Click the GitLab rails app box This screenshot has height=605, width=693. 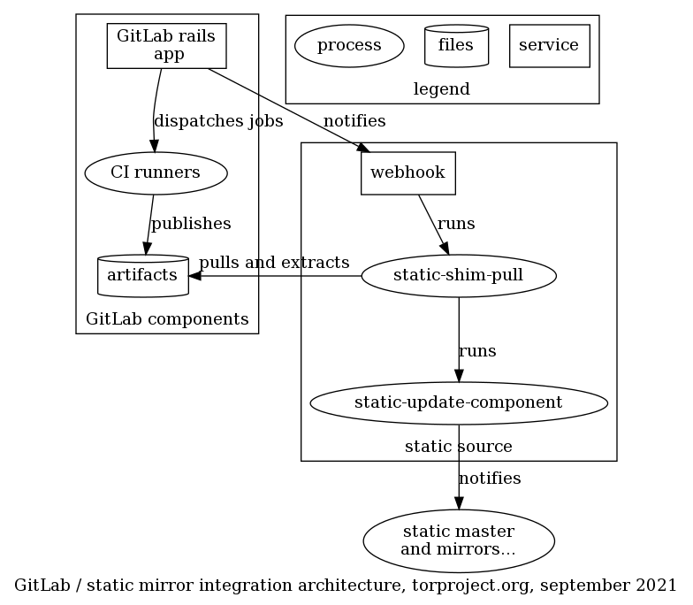(x=166, y=45)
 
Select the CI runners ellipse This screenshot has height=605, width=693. (x=156, y=172)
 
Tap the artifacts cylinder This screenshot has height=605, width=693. (x=141, y=276)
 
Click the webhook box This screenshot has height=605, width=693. (x=407, y=172)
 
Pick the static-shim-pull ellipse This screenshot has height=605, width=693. (x=458, y=276)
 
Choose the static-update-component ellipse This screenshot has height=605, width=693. (x=458, y=402)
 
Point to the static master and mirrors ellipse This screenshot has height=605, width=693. (x=458, y=539)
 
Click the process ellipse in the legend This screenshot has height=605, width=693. (x=348, y=45)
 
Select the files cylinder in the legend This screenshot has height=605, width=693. (x=456, y=45)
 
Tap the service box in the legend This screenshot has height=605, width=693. (x=549, y=45)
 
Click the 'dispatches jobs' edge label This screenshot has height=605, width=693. (x=218, y=120)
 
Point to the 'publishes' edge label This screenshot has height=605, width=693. (x=190, y=224)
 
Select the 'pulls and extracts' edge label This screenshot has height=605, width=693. (x=274, y=263)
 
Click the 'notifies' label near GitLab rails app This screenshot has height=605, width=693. (x=354, y=120)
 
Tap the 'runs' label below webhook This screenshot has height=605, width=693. (x=456, y=224)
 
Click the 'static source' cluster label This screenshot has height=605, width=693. (x=458, y=446)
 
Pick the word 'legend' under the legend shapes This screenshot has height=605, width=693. (x=441, y=88)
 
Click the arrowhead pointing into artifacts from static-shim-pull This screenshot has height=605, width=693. (x=196, y=276)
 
